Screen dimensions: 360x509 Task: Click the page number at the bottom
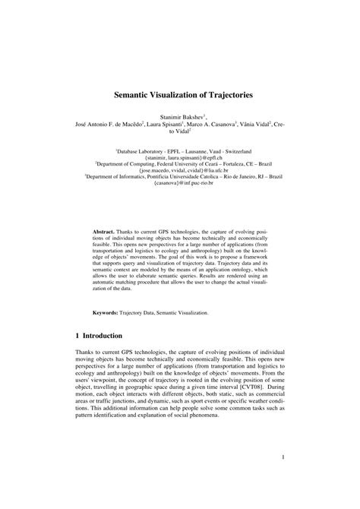coord(282,457)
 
